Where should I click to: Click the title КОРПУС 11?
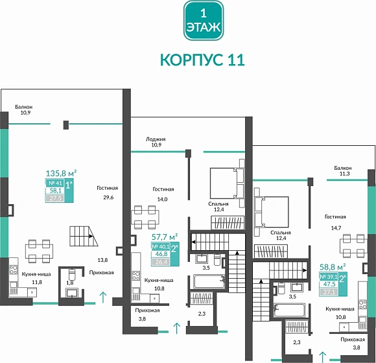202,60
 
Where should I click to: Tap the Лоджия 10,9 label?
155,142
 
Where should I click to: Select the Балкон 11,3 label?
342,170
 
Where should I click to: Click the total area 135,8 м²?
61,173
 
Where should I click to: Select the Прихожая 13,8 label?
102,266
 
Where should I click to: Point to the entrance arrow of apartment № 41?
102,298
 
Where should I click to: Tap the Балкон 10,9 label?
26,110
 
